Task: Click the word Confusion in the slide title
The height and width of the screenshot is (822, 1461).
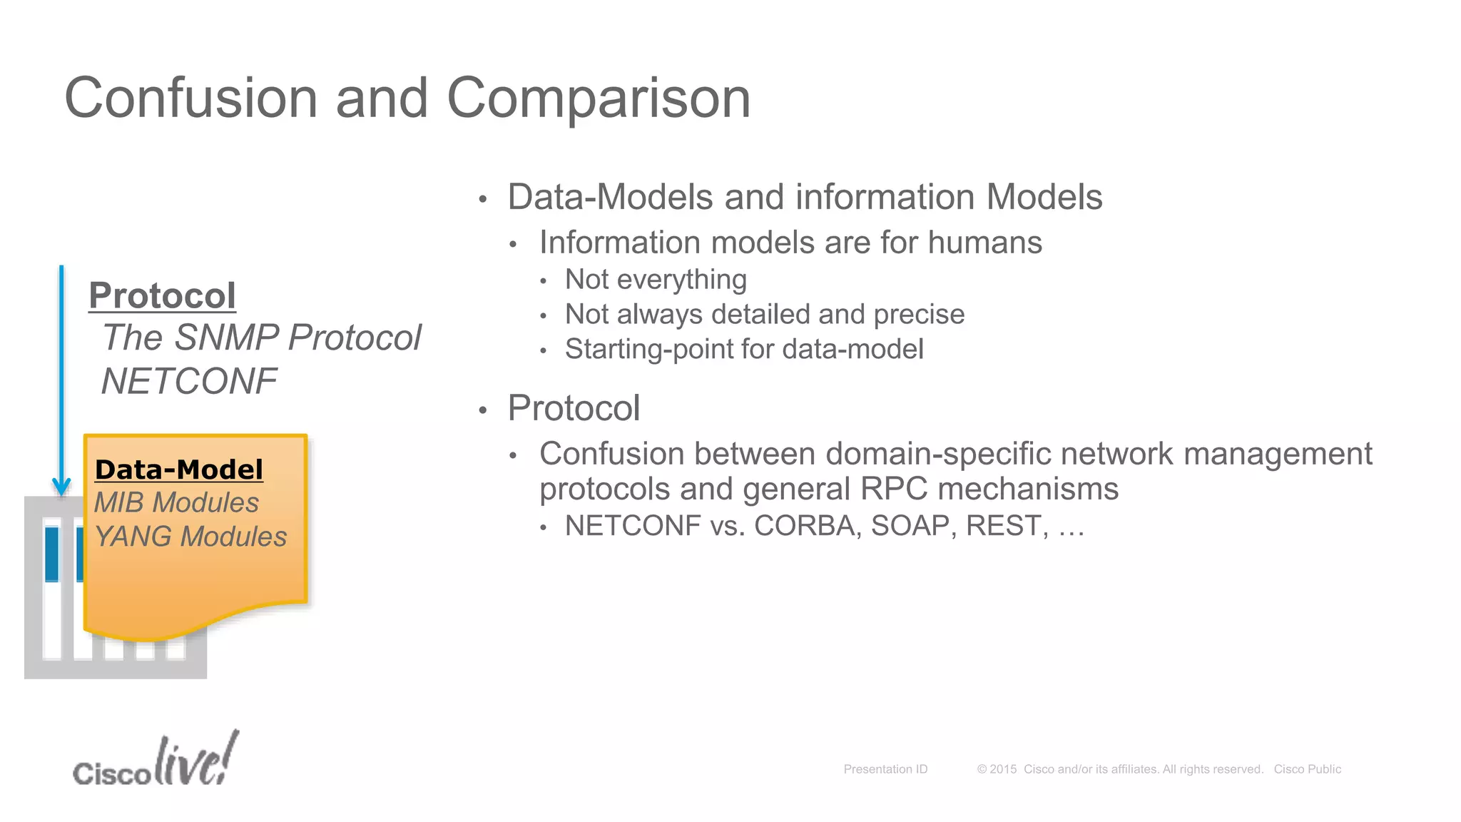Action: (191, 98)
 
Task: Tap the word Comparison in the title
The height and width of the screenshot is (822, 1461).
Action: (599, 98)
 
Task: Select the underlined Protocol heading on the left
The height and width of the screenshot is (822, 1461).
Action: (162, 295)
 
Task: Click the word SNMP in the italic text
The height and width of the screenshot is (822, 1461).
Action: (228, 338)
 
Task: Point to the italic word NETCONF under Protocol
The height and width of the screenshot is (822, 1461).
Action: (189, 381)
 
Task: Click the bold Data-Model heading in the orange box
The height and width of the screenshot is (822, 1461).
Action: (179, 470)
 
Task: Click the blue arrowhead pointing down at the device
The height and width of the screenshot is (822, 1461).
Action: (61, 487)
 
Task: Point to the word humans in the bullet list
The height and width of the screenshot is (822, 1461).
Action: (985, 243)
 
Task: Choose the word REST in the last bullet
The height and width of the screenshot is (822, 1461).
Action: (1007, 526)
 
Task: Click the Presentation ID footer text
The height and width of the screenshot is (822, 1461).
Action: (885, 769)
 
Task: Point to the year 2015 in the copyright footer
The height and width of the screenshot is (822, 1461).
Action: (1003, 769)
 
